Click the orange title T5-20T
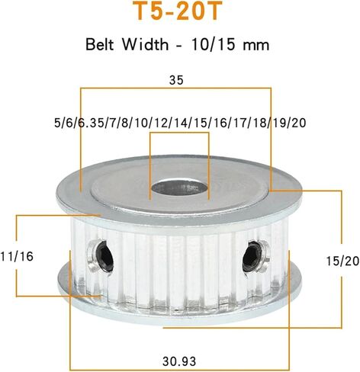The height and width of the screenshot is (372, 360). click(178, 11)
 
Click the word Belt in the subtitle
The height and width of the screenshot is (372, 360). click(100, 44)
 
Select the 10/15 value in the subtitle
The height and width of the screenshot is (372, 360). click(213, 44)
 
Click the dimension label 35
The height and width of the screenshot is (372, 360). click(176, 80)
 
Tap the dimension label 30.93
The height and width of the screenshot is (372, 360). click(179, 361)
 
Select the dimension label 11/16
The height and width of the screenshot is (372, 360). click(17, 256)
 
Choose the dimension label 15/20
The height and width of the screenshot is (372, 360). click(343, 261)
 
